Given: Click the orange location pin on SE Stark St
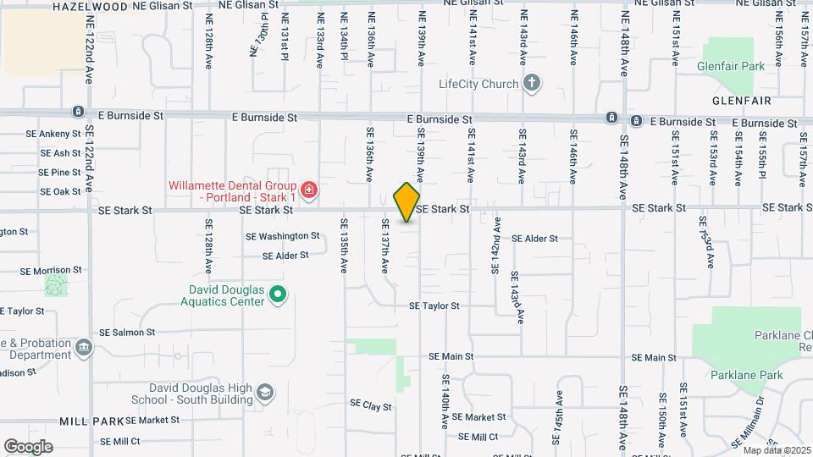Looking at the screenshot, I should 407,202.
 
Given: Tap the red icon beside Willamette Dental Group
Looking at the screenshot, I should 309,189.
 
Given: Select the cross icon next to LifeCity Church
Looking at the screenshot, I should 531,83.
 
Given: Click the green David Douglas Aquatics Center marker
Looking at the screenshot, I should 278,295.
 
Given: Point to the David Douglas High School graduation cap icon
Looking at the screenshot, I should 266,392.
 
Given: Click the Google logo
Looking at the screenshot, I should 28,446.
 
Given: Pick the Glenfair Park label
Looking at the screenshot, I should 730,66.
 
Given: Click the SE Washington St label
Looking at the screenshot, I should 282,237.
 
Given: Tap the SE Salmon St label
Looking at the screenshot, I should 127,333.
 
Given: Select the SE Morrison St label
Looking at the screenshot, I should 51,271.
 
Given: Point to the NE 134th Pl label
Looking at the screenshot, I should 345,36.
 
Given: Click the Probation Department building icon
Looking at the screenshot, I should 84,346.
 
